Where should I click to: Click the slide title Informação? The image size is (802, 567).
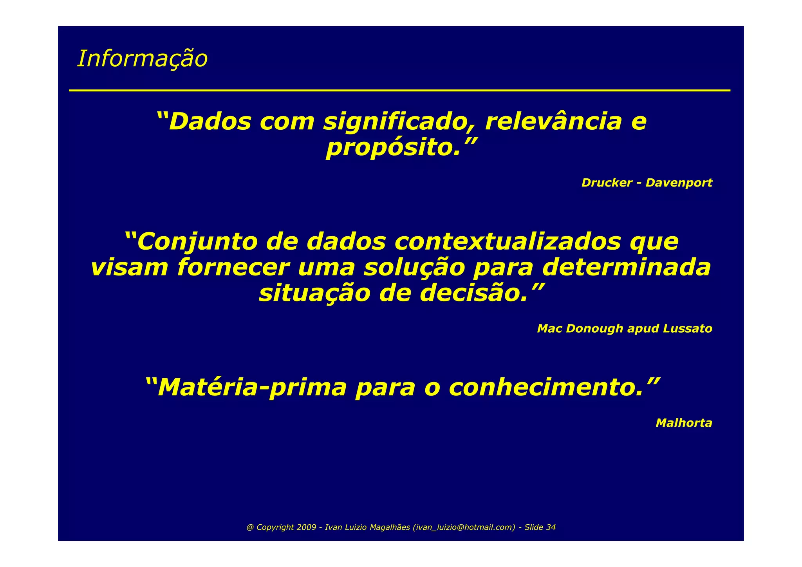tap(142, 59)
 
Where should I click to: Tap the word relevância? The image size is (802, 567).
tap(553, 122)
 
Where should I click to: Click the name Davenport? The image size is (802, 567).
tap(679, 183)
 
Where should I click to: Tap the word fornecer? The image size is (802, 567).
tap(233, 268)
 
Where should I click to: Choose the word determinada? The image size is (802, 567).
tap(626, 268)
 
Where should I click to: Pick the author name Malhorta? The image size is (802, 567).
tap(684, 423)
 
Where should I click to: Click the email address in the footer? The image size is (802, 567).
tap(464, 527)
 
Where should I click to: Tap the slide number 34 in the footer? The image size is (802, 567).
tap(551, 527)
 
